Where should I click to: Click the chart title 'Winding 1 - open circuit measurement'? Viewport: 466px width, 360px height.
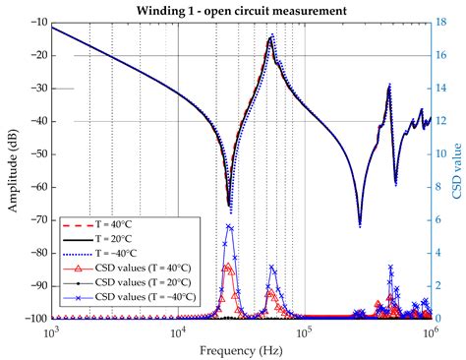click(x=241, y=11)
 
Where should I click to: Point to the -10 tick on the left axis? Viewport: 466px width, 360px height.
click(x=36, y=23)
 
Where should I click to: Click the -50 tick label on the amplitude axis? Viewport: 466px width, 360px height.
click(x=36, y=154)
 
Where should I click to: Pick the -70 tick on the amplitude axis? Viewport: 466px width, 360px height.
click(x=36, y=220)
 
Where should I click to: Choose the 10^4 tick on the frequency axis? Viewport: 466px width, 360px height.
click(x=178, y=331)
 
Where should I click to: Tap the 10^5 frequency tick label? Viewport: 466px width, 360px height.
click(x=304, y=331)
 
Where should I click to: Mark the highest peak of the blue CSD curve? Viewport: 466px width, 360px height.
click(x=230, y=225)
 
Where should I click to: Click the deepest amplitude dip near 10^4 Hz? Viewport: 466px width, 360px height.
click(x=230, y=206)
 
